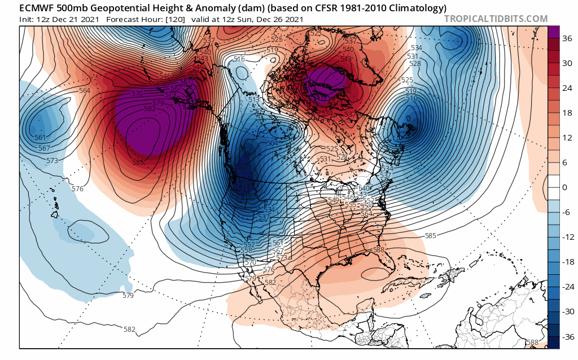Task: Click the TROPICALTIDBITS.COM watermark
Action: click(x=496, y=19)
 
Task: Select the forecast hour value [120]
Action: click(x=169, y=19)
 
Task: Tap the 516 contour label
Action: click(x=239, y=59)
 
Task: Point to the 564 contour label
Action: click(x=84, y=91)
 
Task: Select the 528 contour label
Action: click(x=415, y=64)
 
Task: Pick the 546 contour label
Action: click(x=165, y=76)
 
